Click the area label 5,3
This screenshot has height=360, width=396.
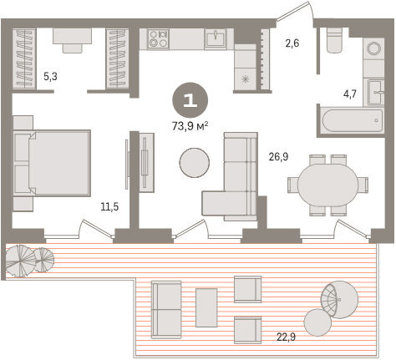click(50, 76)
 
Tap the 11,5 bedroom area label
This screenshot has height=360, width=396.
click(109, 207)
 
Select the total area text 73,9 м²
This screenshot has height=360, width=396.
click(190, 127)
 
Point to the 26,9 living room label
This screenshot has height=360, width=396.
click(278, 157)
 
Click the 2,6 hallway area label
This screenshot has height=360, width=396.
click(292, 43)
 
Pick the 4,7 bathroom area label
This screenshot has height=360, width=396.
click(349, 94)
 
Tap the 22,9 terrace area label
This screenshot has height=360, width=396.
click(287, 337)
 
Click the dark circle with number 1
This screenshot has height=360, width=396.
click(190, 99)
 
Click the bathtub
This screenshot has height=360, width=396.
click(353, 121)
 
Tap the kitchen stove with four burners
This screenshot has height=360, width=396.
click(158, 38)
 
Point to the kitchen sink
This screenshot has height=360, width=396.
click(216, 38)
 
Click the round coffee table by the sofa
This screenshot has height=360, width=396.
click(194, 163)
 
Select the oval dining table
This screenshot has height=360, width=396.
click(327, 185)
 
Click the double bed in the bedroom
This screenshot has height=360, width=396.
click(52, 163)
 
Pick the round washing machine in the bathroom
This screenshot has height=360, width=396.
click(373, 48)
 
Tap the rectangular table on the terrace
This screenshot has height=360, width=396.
click(206, 307)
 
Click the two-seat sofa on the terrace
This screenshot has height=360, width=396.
click(166, 310)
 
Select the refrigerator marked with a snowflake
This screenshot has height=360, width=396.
click(245, 79)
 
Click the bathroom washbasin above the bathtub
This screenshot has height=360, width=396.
click(375, 92)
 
